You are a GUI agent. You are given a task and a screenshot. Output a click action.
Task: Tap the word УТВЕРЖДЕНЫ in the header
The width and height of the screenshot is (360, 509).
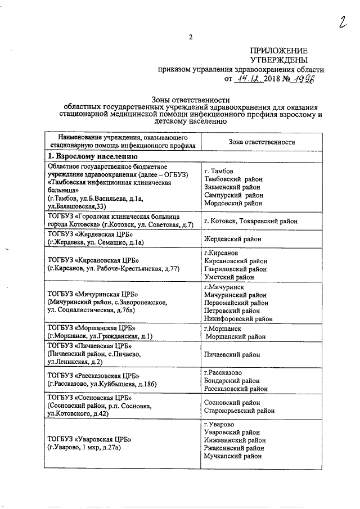click(279, 60)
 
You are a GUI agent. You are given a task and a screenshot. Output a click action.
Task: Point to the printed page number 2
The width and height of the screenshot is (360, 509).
click(191, 38)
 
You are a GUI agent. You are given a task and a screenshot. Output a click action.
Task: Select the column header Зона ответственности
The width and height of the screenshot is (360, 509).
click(262, 143)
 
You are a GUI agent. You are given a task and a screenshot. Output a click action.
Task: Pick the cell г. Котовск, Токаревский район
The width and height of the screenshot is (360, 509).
click(250, 221)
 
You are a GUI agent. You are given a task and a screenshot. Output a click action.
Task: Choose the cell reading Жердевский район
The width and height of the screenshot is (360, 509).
click(232, 239)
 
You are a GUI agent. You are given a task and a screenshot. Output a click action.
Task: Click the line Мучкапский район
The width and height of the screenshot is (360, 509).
click(233, 457)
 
